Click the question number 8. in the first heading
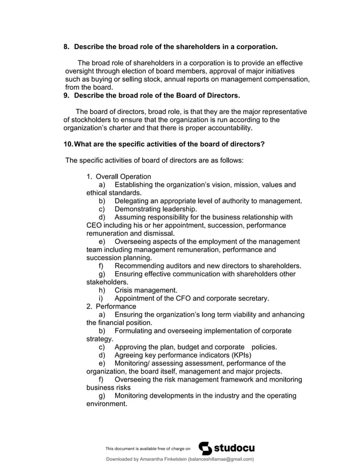[x=66, y=45]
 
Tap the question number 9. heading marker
[x=66, y=95]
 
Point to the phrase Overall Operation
[x=124, y=177]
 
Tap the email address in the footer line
[x=221, y=459]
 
